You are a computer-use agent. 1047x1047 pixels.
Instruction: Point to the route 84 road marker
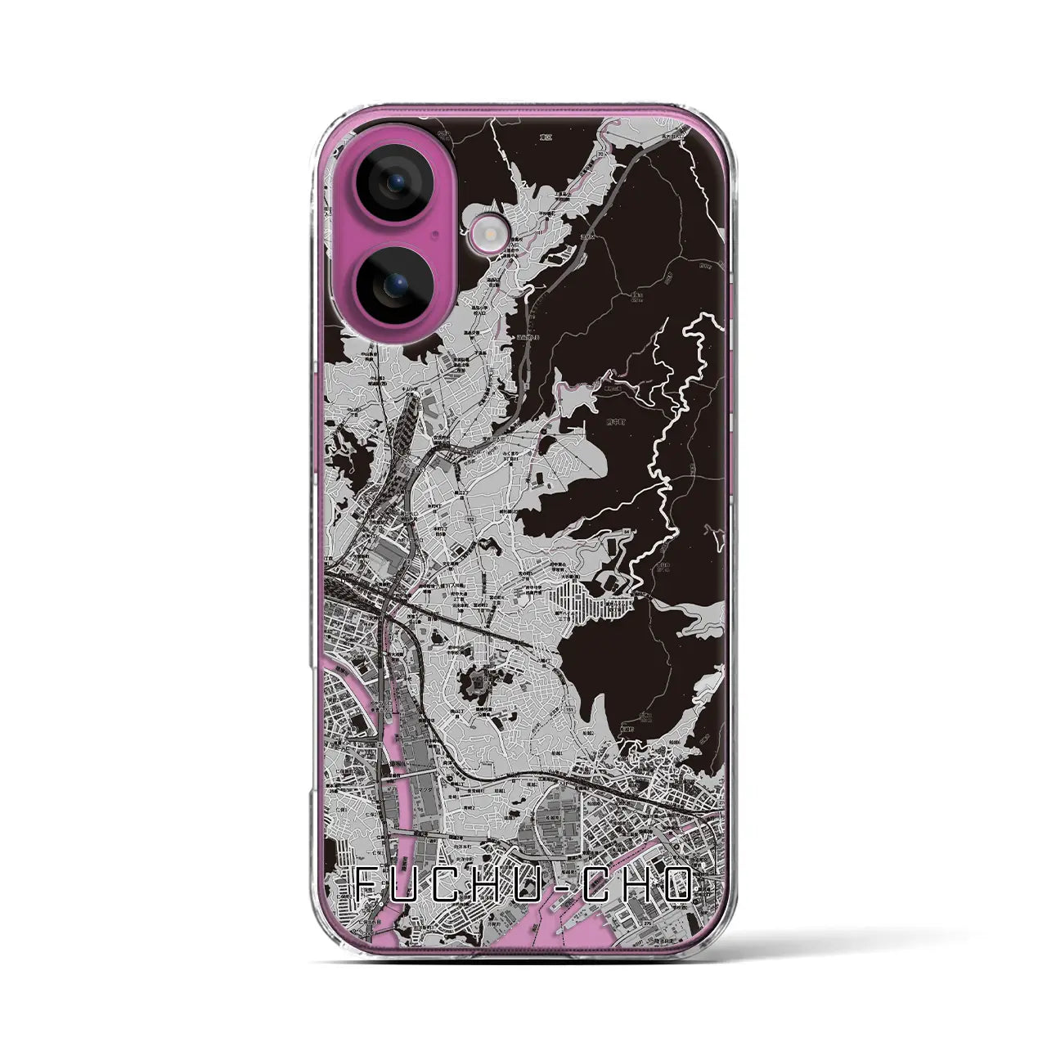coord(627,532)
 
